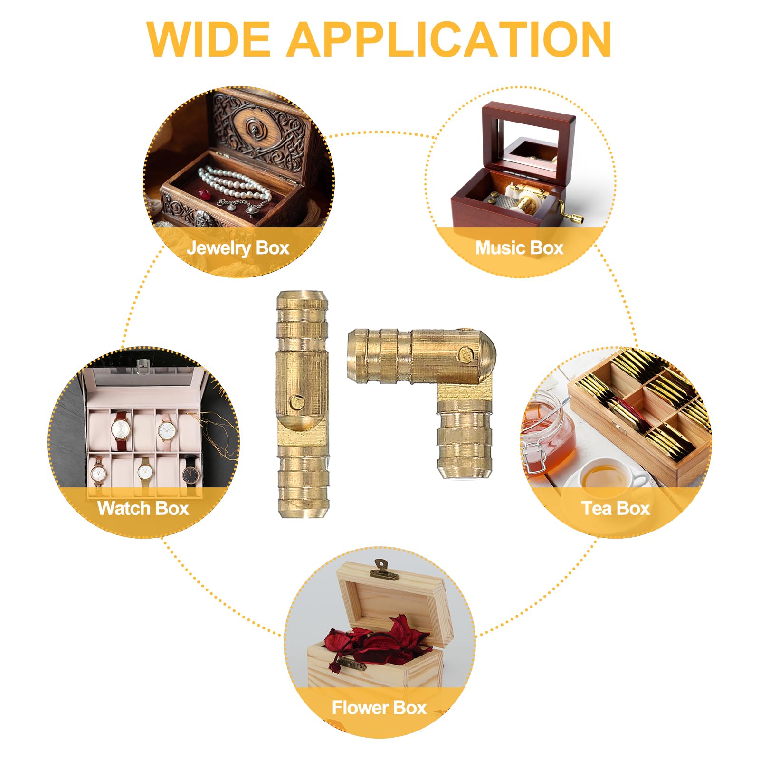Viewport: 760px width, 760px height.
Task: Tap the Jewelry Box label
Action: point(238,248)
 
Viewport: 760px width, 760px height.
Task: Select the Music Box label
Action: point(519,248)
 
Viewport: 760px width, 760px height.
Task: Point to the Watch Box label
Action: point(143,508)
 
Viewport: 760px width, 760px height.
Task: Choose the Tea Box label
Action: point(616,508)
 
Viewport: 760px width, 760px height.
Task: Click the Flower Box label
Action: point(379,708)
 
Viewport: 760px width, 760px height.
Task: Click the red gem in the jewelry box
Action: point(205,194)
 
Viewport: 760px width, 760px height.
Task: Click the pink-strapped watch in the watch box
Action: point(166,428)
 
